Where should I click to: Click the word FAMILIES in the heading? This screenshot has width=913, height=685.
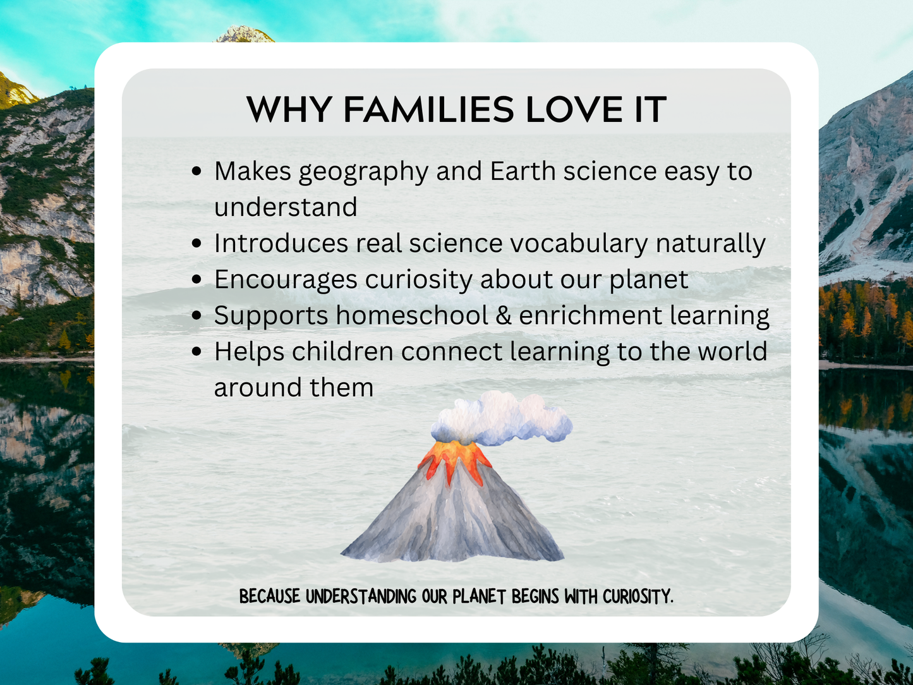click(x=428, y=110)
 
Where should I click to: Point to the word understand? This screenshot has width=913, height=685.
click(x=286, y=207)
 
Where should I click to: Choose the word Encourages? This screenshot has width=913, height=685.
click(x=286, y=280)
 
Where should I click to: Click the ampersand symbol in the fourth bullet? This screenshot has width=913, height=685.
click(x=504, y=315)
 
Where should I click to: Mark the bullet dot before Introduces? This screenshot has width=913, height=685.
click(x=197, y=243)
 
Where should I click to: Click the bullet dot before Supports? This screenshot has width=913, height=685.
click(x=197, y=315)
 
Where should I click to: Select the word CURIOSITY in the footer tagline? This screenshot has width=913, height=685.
click(x=638, y=597)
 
